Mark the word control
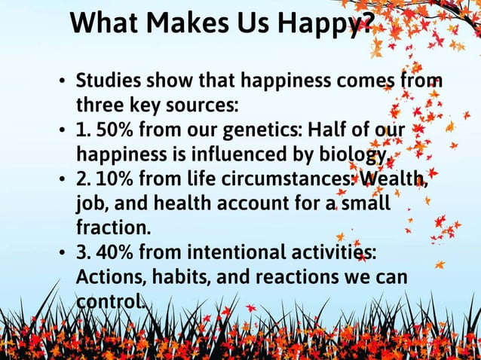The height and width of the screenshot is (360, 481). tap(111, 301)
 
